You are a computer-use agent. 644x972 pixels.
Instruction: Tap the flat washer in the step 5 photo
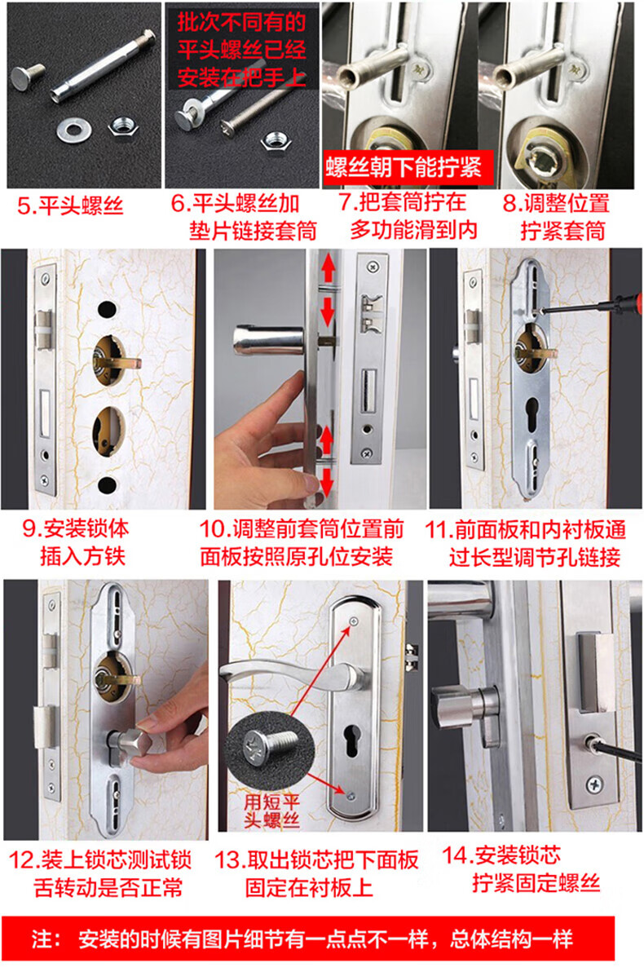pos(73,130)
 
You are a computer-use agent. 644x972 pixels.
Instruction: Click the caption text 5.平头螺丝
pos(70,205)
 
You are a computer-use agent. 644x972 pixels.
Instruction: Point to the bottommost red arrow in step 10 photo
pos(326,480)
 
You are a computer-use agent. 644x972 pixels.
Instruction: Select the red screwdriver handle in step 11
pos(627,303)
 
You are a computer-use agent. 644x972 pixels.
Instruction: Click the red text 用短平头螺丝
pos(271,811)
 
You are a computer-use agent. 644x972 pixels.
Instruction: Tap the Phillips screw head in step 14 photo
pos(593,784)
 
